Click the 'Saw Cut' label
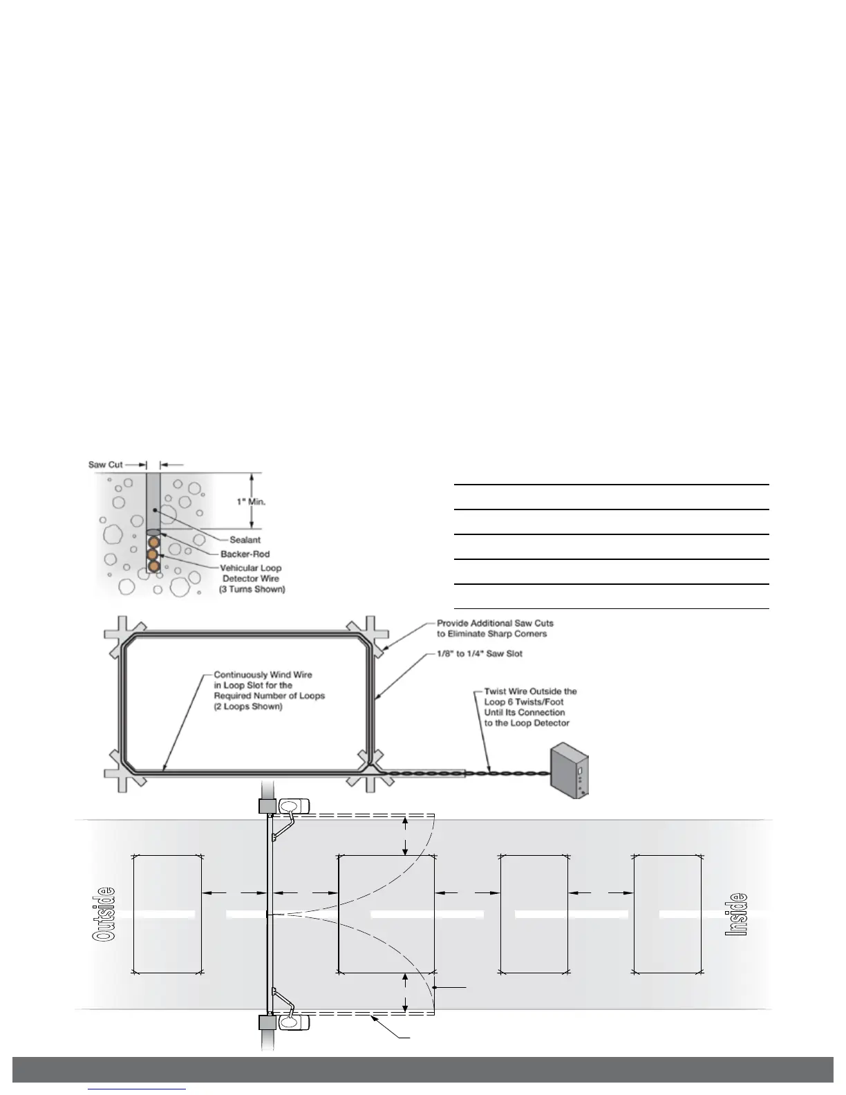(x=105, y=465)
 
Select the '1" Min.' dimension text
(x=252, y=502)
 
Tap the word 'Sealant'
(x=245, y=540)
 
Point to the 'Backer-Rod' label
(x=245, y=554)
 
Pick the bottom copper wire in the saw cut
(x=153, y=566)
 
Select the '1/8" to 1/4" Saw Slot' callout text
(x=480, y=653)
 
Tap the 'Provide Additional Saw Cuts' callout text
(x=495, y=624)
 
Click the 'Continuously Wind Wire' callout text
(x=263, y=675)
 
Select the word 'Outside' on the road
(x=104, y=913)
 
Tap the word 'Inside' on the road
(x=737, y=913)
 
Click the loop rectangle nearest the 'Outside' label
(x=167, y=913)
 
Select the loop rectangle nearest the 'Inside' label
(x=668, y=913)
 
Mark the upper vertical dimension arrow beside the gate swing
(x=406, y=835)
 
